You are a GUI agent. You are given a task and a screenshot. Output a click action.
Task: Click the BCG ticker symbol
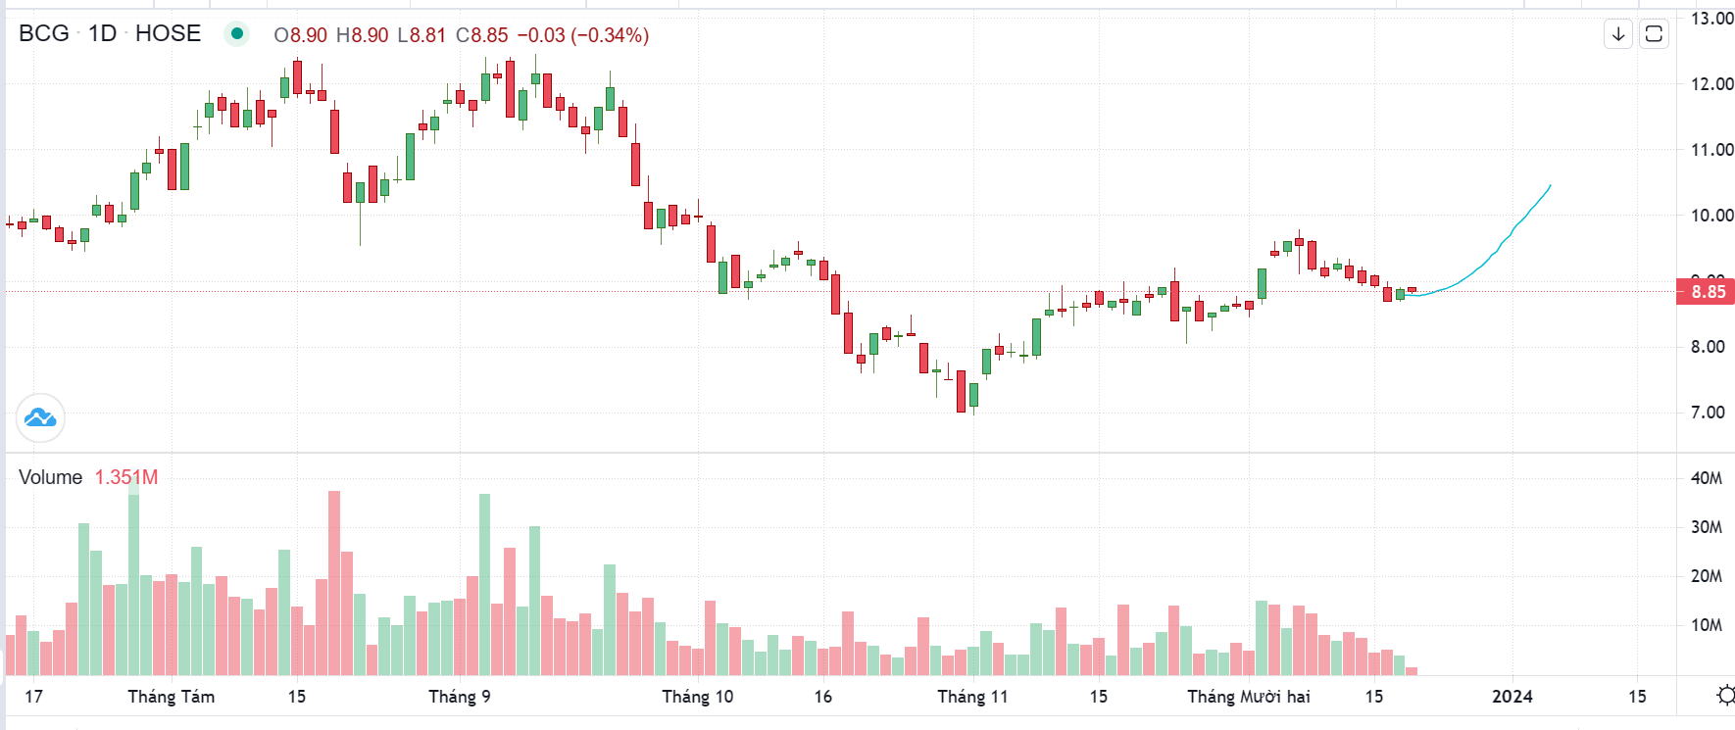tap(44, 33)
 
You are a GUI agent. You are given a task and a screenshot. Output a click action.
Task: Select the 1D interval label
tap(102, 33)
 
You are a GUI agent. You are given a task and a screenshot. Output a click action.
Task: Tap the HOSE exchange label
tap(168, 33)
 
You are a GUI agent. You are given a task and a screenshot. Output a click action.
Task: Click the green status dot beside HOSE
tap(236, 34)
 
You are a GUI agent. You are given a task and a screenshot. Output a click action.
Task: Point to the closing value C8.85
tap(481, 35)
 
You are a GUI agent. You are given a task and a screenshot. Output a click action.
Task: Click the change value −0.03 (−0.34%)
tap(582, 35)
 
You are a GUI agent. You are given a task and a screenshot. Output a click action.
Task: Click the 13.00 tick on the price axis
tap(1711, 19)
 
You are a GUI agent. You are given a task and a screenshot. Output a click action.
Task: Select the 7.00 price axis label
tap(1708, 413)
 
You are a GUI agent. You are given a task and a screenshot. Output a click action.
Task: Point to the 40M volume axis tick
tap(1706, 478)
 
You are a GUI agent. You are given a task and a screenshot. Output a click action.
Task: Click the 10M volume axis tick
tap(1706, 625)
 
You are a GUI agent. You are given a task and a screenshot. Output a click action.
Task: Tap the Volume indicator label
tap(50, 477)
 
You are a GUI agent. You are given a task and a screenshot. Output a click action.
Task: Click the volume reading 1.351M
tap(125, 477)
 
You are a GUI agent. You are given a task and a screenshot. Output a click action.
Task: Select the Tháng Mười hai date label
tap(1248, 697)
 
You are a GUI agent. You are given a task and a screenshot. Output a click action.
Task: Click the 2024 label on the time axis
tap(1512, 697)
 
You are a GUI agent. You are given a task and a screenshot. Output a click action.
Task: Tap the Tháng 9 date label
tap(459, 697)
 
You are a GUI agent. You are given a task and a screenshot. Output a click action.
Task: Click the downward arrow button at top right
tap(1618, 34)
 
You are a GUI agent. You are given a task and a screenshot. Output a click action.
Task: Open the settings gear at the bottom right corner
tap(1725, 696)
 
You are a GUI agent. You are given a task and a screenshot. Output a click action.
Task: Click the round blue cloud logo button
tap(40, 418)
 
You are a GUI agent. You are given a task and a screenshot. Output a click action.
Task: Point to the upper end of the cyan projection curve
tap(1551, 185)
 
